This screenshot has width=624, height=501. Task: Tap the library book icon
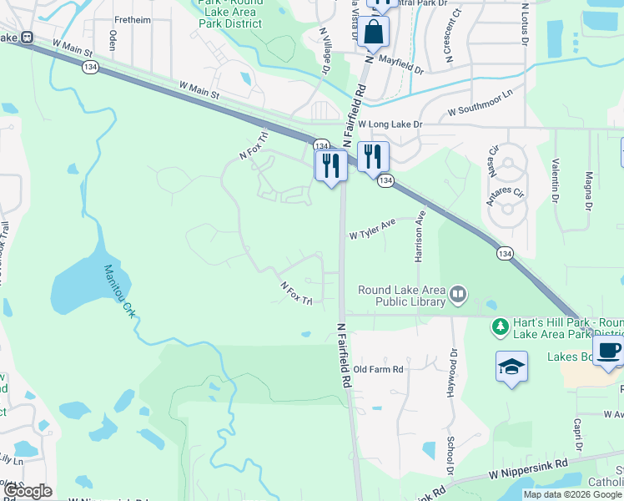(x=457, y=294)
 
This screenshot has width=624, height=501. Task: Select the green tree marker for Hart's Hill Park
(x=501, y=326)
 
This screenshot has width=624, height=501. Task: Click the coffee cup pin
(x=608, y=351)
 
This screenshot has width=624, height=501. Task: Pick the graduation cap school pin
(x=511, y=367)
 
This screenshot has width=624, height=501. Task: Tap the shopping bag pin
(x=376, y=33)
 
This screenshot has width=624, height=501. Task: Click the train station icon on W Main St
(x=27, y=38)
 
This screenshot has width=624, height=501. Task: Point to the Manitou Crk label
(x=119, y=291)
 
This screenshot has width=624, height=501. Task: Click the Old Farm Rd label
(x=378, y=369)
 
